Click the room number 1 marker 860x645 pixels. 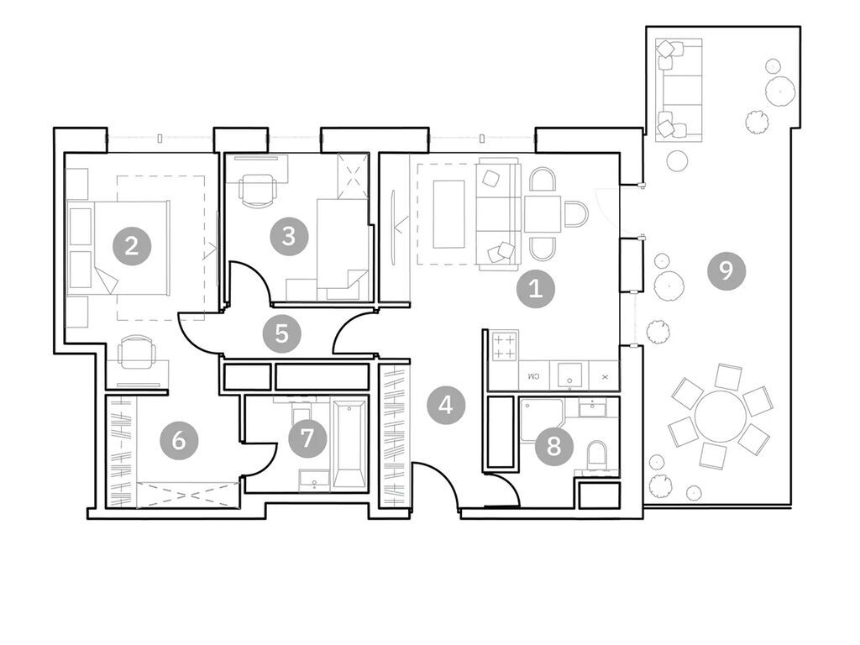[x=535, y=290]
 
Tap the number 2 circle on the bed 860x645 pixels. [x=131, y=246]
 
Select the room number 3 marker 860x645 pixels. [x=288, y=236]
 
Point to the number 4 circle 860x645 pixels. [x=445, y=406]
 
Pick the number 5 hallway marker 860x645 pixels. [x=281, y=333]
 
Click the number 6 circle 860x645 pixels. [x=179, y=439]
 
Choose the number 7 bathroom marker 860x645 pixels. [x=307, y=437]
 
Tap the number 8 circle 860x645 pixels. [x=553, y=444]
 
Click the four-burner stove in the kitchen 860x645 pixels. [x=504, y=346]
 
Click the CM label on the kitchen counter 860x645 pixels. [x=532, y=377]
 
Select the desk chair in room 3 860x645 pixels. [x=256, y=189]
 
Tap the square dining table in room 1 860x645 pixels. [x=543, y=214]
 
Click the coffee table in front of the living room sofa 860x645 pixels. [x=448, y=213]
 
